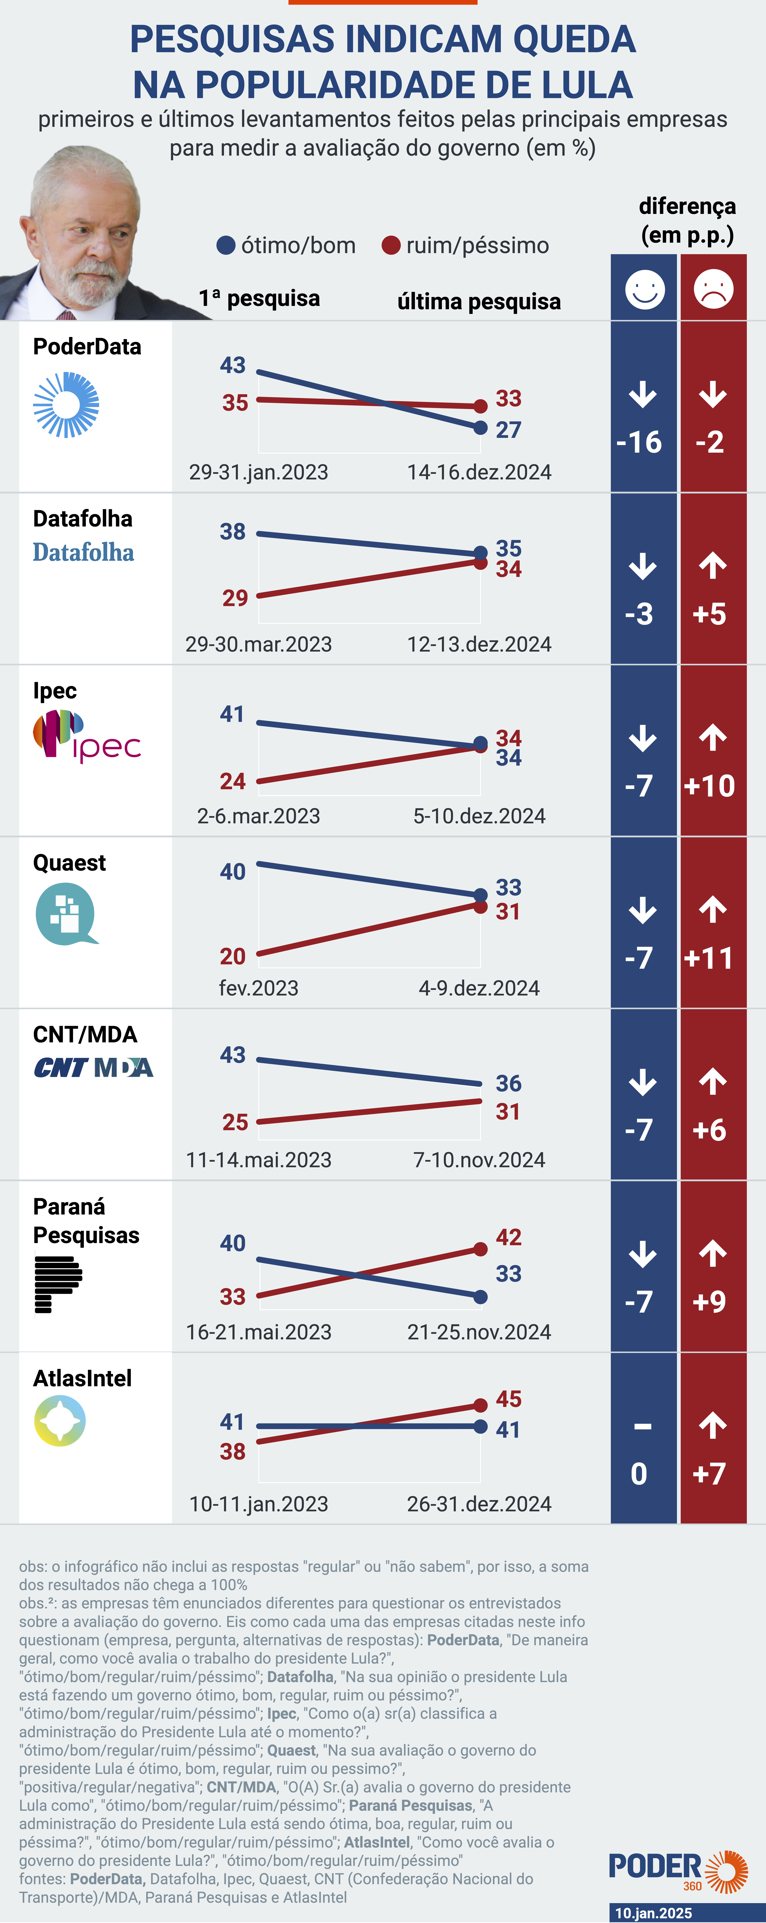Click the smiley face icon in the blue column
pos(644,289)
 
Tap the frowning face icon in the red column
pos(713,289)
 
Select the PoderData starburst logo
pos(66,405)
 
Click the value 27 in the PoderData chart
pos(508,430)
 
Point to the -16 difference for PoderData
pos(639,442)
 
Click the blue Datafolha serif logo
pos(84,552)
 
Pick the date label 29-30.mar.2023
pos(258,644)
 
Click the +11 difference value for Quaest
pos(709,958)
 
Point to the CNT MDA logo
pos(93,1068)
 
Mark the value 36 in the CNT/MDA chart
pos(508,1083)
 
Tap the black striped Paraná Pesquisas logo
pos(58,1284)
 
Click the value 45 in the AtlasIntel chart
pos(508,1399)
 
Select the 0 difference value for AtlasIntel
pos(639,1474)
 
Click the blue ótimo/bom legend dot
pos(225,245)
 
